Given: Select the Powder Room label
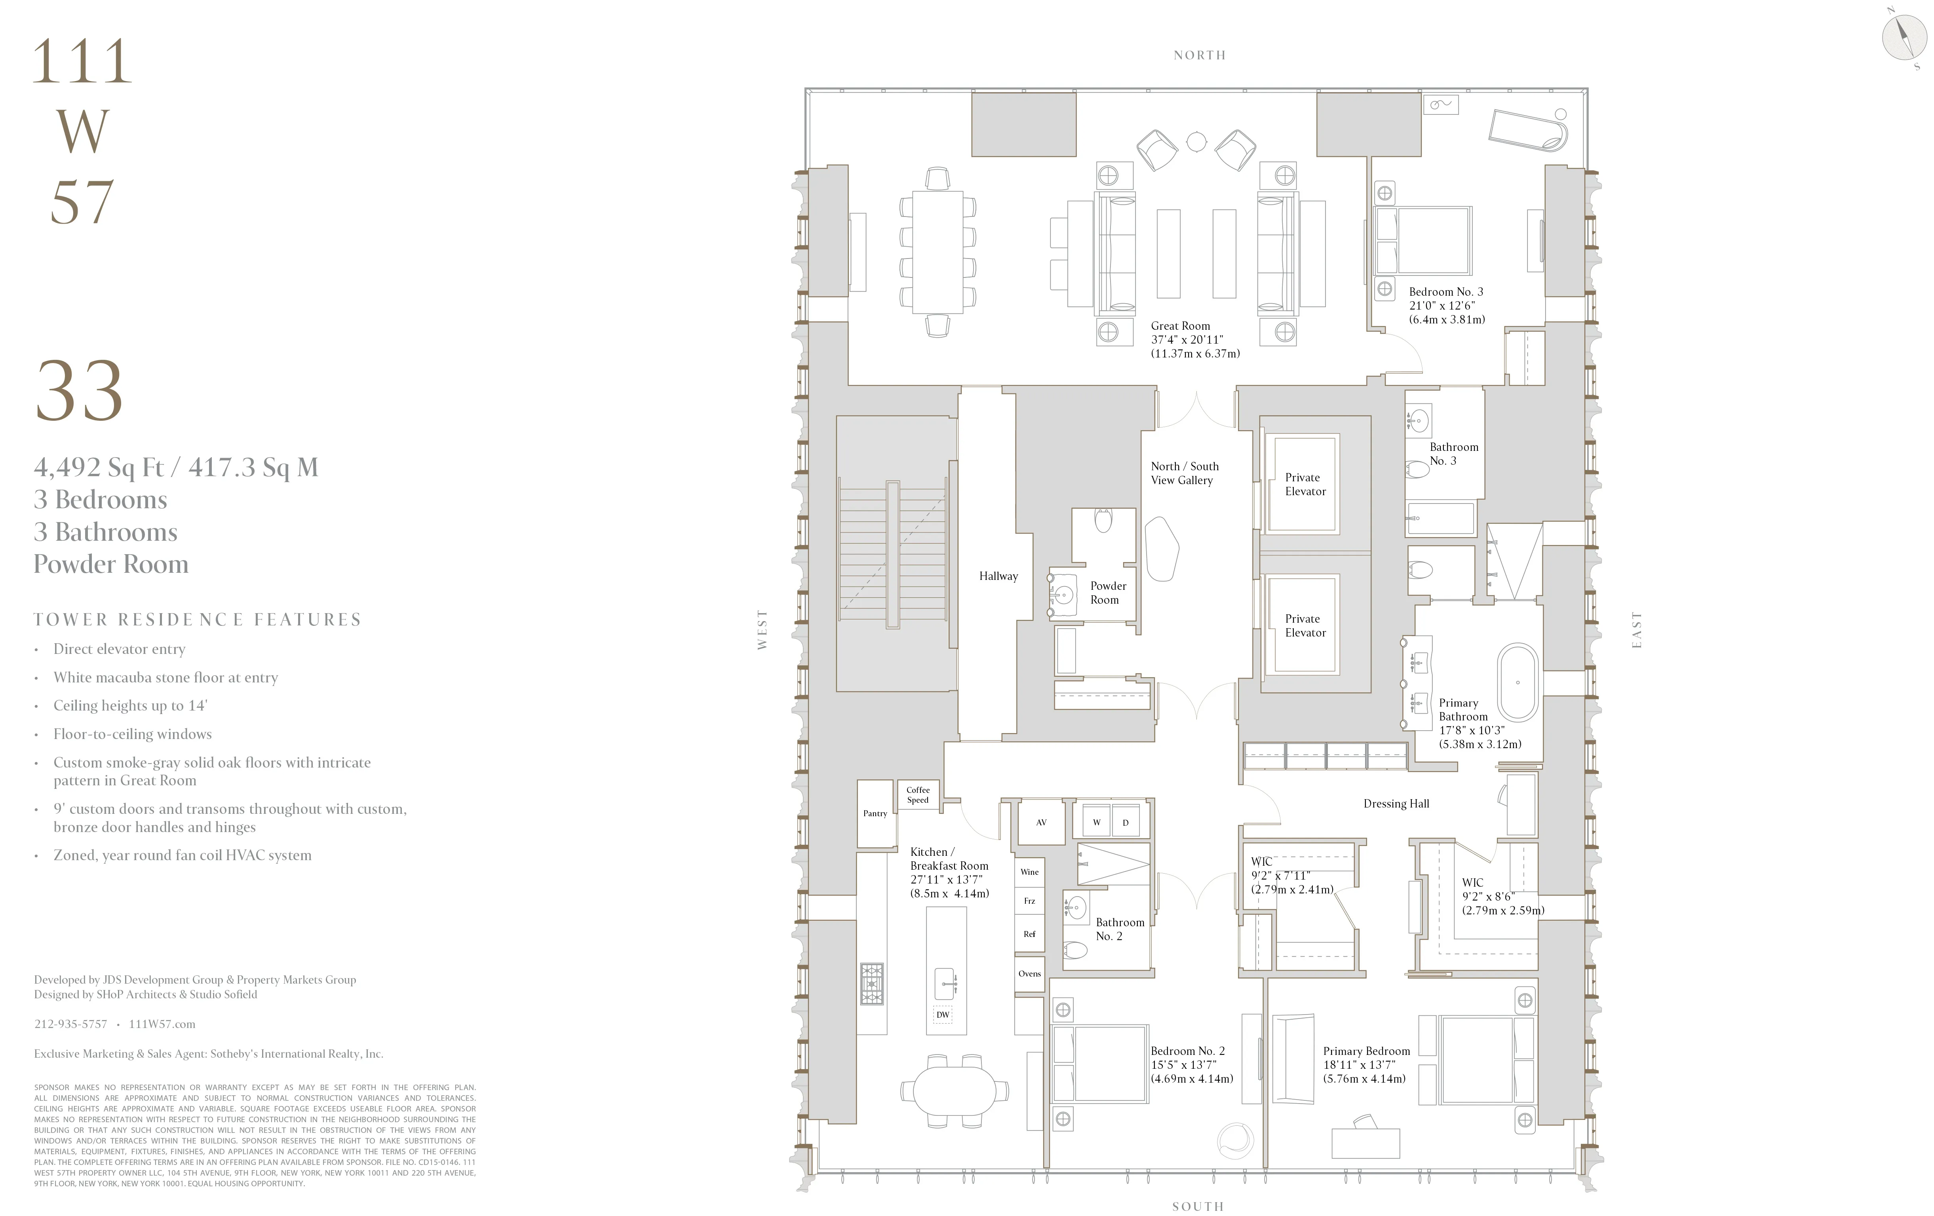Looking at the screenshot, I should tap(1108, 593).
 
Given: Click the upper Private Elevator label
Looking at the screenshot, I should tap(1305, 484).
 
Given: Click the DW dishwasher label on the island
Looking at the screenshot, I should tap(943, 1015).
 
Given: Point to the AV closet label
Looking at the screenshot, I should tap(1041, 823).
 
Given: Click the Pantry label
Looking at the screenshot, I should tap(875, 813).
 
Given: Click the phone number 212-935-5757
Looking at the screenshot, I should tap(71, 1024).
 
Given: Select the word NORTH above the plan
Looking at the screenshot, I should tap(1199, 55).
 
